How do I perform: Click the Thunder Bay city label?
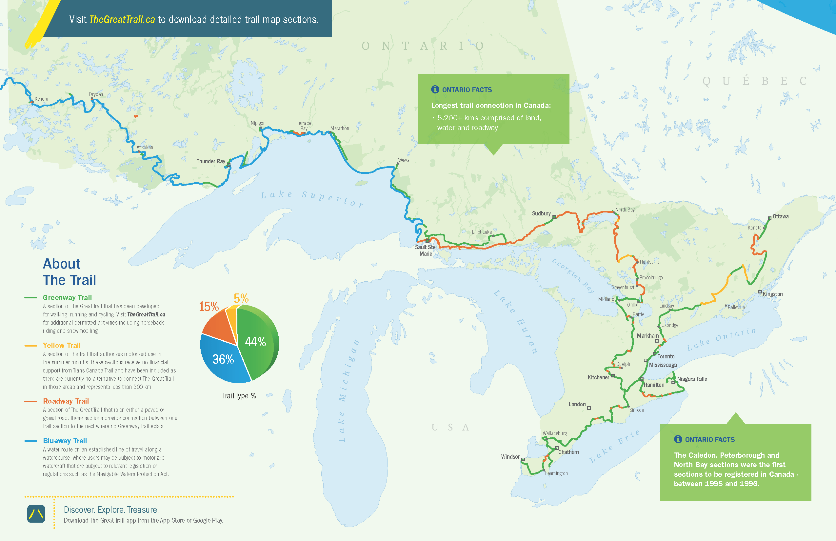(x=210, y=161)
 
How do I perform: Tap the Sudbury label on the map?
(x=541, y=213)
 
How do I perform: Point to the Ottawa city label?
(x=780, y=216)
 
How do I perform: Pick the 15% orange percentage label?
(x=209, y=306)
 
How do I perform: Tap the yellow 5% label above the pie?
(x=241, y=298)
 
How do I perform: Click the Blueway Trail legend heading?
(x=65, y=441)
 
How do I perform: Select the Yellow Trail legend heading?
(x=62, y=345)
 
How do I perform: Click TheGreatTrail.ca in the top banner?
(x=122, y=19)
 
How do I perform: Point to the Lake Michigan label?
(x=348, y=390)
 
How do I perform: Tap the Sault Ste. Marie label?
(x=426, y=250)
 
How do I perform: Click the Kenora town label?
(x=41, y=99)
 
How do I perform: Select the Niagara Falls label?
(x=692, y=379)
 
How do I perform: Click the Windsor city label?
(x=510, y=457)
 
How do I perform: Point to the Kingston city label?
(x=772, y=294)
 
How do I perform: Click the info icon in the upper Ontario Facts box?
(x=435, y=89)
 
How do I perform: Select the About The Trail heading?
(x=69, y=272)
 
